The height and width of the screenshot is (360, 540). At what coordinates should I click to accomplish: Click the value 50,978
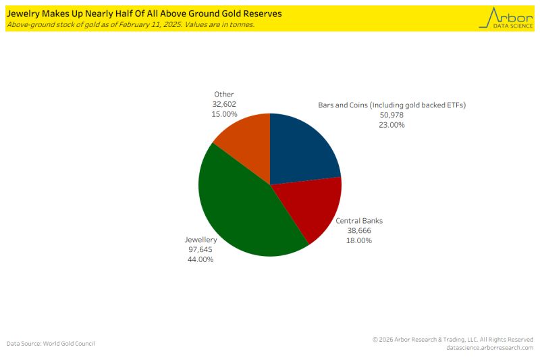click(x=392, y=115)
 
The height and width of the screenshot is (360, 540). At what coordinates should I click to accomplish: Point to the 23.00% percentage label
click(x=392, y=125)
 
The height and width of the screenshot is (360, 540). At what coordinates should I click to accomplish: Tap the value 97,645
click(x=200, y=249)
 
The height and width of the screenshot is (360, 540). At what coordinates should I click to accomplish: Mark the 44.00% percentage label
click(x=200, y=259)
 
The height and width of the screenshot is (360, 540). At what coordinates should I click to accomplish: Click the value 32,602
click(x=224, y=104)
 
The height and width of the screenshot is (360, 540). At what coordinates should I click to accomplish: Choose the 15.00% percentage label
click(x=224, y=114)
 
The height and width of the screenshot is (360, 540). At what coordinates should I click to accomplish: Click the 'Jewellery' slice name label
click(x=200, y=240)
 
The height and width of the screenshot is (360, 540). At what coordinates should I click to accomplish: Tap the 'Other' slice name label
click(x=224, y=95)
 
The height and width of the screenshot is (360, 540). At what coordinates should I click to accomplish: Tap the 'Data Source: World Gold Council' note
click(x=51, y=344)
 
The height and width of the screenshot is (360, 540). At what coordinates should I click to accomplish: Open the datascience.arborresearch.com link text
click(x=489, y=348)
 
